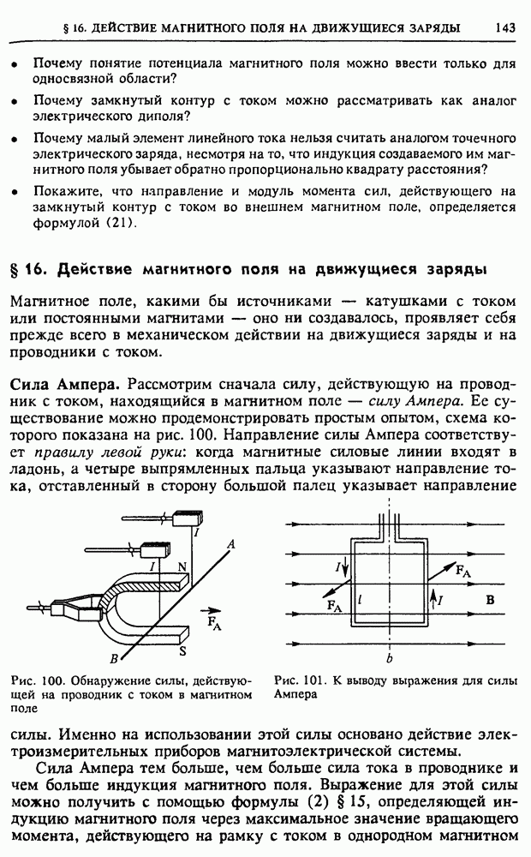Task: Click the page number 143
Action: pyautogui.click(x=504, y=28)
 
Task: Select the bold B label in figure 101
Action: pyautogui.click(x=491, y=601)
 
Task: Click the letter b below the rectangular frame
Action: pyautogui.click(x=390, y=658)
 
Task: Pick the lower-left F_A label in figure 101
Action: pyautogui.click(x=334, y=607)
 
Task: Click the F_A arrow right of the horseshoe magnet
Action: pyautogui.click(x=207, y=613)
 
